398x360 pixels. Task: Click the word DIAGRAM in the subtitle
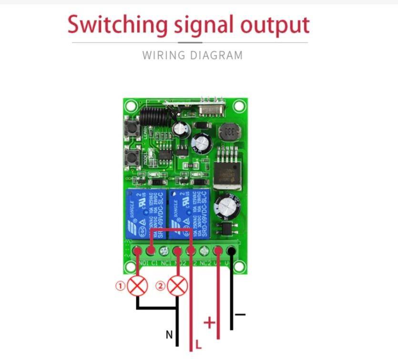217,55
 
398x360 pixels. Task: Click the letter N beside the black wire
169,335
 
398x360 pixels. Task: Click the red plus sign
209,323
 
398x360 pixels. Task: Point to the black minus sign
240,314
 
